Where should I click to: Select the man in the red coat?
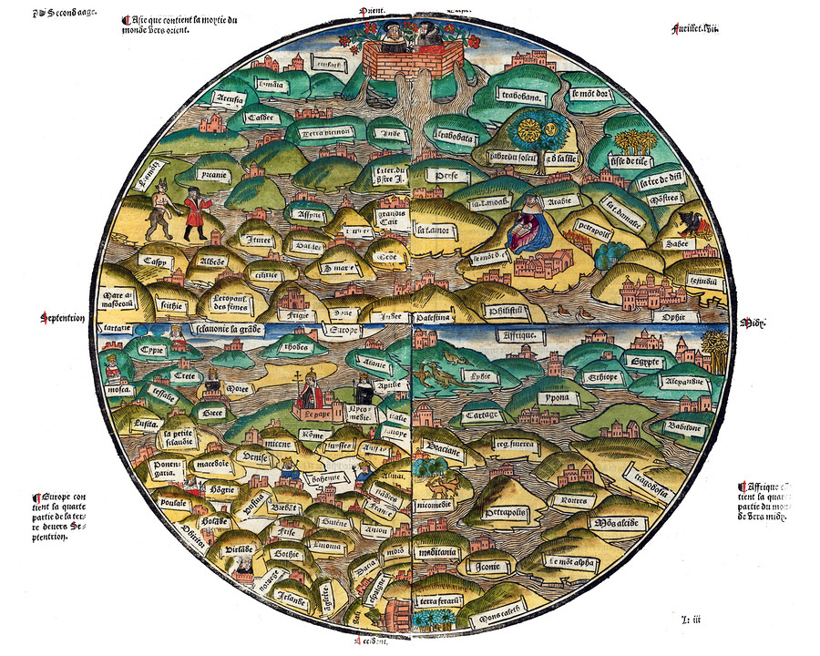(x=195, y=213)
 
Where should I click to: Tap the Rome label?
(x=312, y=435)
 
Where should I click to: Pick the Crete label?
(x=186, y=375)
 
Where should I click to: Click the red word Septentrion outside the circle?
(x=62, y=318)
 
